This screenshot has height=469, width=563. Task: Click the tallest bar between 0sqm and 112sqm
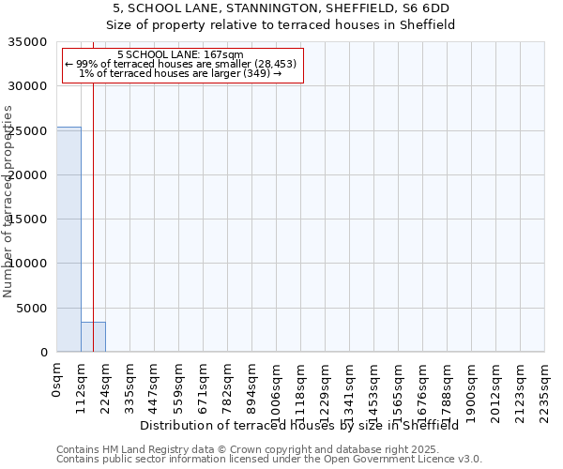[68, 239]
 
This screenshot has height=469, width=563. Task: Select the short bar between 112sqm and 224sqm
[93, 337]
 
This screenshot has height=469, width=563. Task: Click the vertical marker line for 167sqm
[93, 188]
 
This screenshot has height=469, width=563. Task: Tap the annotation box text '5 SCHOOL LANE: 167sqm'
[182, 55]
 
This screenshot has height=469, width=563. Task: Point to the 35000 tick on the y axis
[28, 42]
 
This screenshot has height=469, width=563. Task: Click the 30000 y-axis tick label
[28, 86]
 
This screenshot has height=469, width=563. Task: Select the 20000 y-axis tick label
[28, 175]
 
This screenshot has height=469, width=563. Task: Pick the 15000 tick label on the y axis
[28, 219]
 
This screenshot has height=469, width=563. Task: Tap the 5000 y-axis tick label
[32, 308]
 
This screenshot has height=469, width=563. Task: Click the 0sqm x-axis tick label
[57, 381]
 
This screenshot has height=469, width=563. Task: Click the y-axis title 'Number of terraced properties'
[8, 202]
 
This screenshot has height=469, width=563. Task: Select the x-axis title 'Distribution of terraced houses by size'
[305, 425]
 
